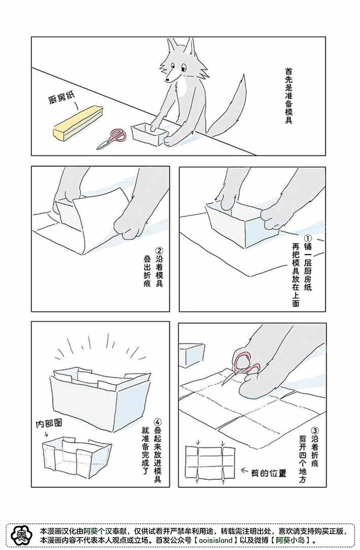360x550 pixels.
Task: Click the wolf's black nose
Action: [168, 80]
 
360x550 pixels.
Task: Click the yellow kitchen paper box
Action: [78, 123]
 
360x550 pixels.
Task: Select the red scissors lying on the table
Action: [112, 139]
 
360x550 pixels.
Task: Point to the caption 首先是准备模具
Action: [288, 96]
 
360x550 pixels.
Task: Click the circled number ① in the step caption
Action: [308, 238]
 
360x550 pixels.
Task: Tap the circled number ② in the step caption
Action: [159, 251]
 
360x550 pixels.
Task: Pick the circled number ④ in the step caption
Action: [158, 422]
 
